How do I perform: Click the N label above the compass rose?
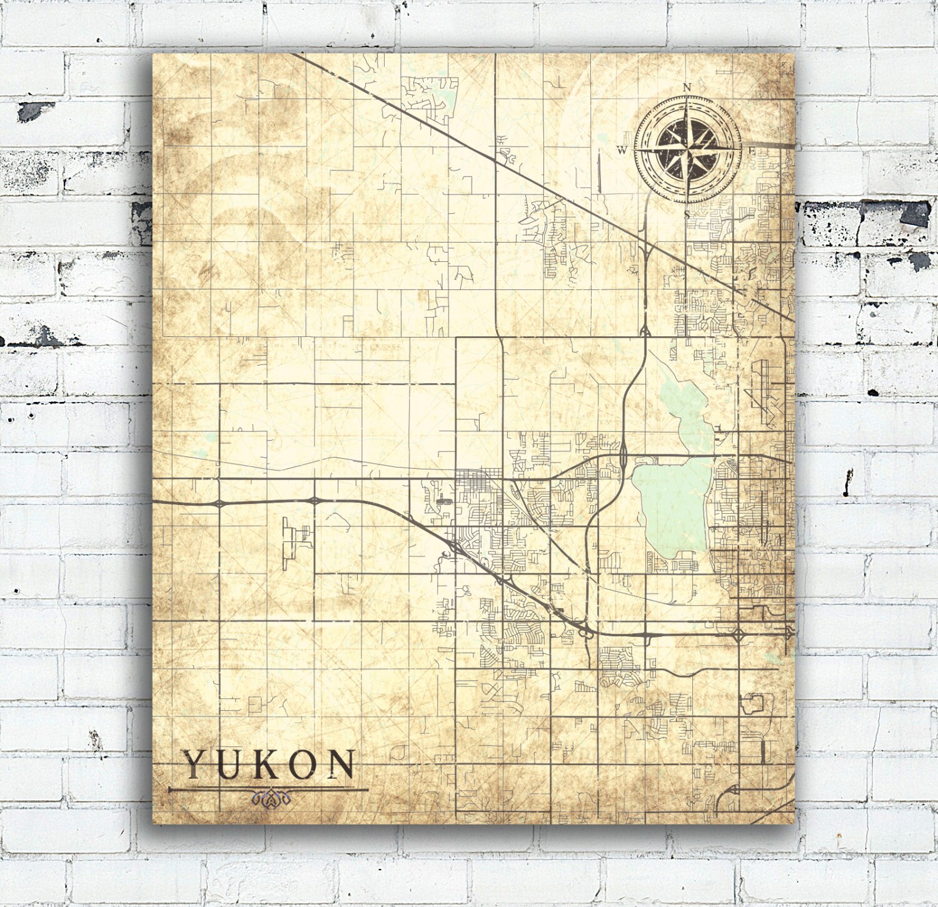687,88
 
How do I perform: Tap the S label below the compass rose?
687,214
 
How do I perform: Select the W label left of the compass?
622,150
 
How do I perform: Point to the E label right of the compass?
752,150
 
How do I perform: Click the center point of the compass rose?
687,150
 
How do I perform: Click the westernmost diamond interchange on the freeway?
219,502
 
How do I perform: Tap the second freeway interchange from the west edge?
314,500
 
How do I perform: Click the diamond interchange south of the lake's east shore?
738,636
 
